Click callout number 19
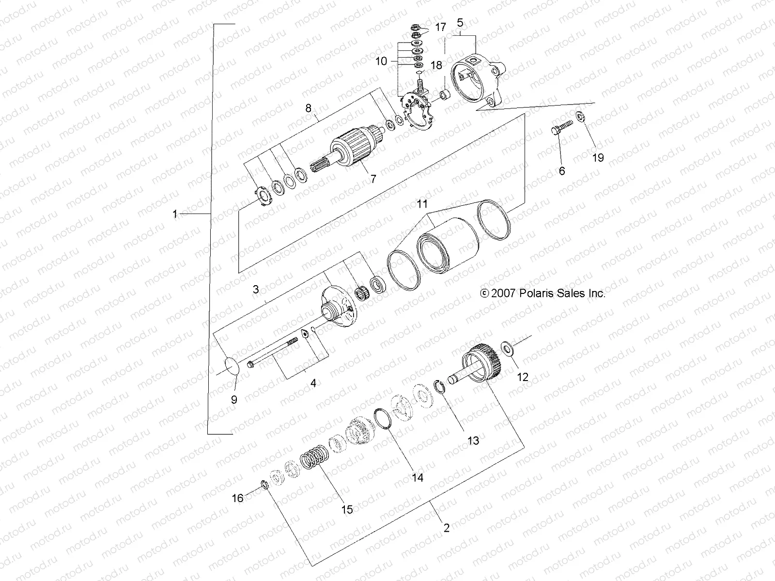598,158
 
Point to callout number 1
175,214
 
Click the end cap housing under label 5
477,82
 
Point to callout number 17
440,28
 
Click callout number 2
446,528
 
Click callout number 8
322,108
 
